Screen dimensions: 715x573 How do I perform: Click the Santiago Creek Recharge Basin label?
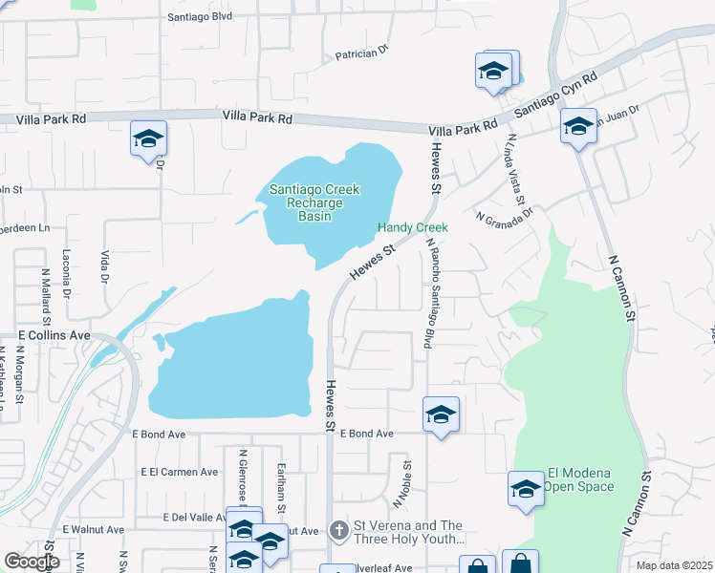click(314, 202)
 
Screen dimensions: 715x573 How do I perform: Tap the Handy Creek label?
click(412, 227)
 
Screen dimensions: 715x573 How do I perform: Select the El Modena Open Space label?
click(582, 479)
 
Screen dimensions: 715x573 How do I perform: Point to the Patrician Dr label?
click(362, 54)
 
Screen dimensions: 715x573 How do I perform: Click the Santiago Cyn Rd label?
click(555, 93)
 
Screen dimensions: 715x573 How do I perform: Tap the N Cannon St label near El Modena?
click(638, 502)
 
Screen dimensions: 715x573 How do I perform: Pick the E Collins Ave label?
click(54, 336)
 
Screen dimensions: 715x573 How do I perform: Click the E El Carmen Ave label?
click(180, 472)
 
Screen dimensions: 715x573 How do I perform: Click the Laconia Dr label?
click(68, 278)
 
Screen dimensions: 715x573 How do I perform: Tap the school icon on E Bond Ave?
click(441, 414)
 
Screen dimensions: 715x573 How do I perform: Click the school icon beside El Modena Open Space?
click(526, 489)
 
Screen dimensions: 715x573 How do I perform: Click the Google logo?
click(32, 562)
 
